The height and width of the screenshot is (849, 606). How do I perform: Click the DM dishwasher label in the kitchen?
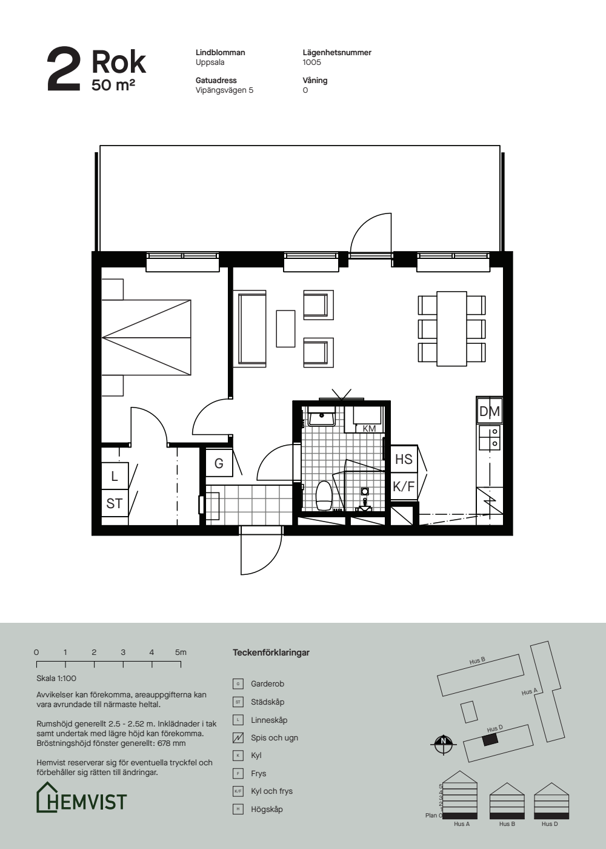tap(490, 411)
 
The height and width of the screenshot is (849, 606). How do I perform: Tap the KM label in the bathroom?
tap(369, 428)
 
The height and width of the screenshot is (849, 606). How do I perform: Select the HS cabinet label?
tap(404, 459)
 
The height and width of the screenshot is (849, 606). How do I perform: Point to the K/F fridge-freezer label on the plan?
tap(404, 486)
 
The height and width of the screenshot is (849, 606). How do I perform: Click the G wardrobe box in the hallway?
tap(219, 463)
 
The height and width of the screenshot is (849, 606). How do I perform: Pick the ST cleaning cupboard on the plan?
tap(115, 503)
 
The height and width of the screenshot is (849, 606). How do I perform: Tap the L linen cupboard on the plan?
tap(115, 476)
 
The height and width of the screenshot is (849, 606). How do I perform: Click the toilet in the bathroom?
tap(324, 495)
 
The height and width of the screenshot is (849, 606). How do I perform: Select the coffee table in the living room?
tap(285, 329)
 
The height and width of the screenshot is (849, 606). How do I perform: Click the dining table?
tap(451, 329)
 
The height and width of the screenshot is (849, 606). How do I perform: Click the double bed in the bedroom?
tap(146, 337)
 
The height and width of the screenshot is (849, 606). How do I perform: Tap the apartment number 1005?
tap(311, 62)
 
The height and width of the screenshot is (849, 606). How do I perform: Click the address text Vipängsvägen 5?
tap(224, 90)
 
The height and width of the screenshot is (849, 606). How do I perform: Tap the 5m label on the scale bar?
tap(181, 653)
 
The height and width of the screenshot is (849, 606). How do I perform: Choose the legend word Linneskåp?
tap(269, 720)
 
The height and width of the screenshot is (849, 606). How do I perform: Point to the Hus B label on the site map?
tap(478, 661)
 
